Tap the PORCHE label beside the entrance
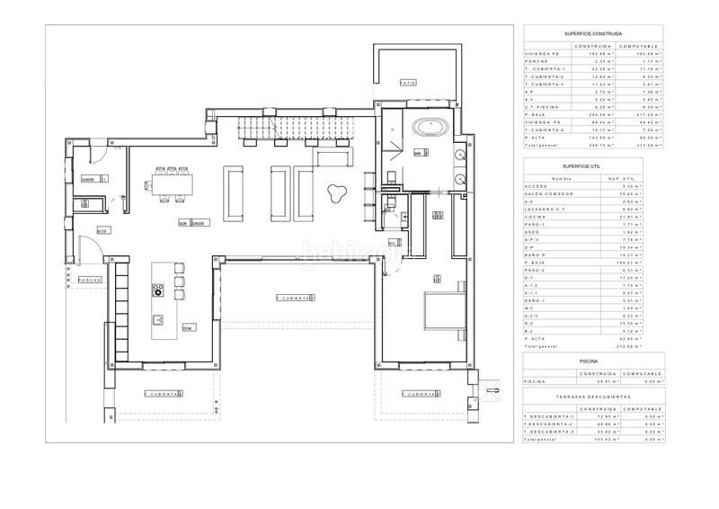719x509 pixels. (90, 280)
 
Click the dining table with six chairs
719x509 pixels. (172, 187)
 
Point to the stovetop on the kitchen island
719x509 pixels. (158, 290)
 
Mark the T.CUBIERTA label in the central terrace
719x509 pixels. (294, 297)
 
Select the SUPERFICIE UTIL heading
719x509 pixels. (594, 166)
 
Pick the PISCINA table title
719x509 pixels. (594, 361)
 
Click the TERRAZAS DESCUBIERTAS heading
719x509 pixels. (594, 396)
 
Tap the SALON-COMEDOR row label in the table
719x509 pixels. (545, 192)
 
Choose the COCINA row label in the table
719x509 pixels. (536, 217)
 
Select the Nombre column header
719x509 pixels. (549, 177)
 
